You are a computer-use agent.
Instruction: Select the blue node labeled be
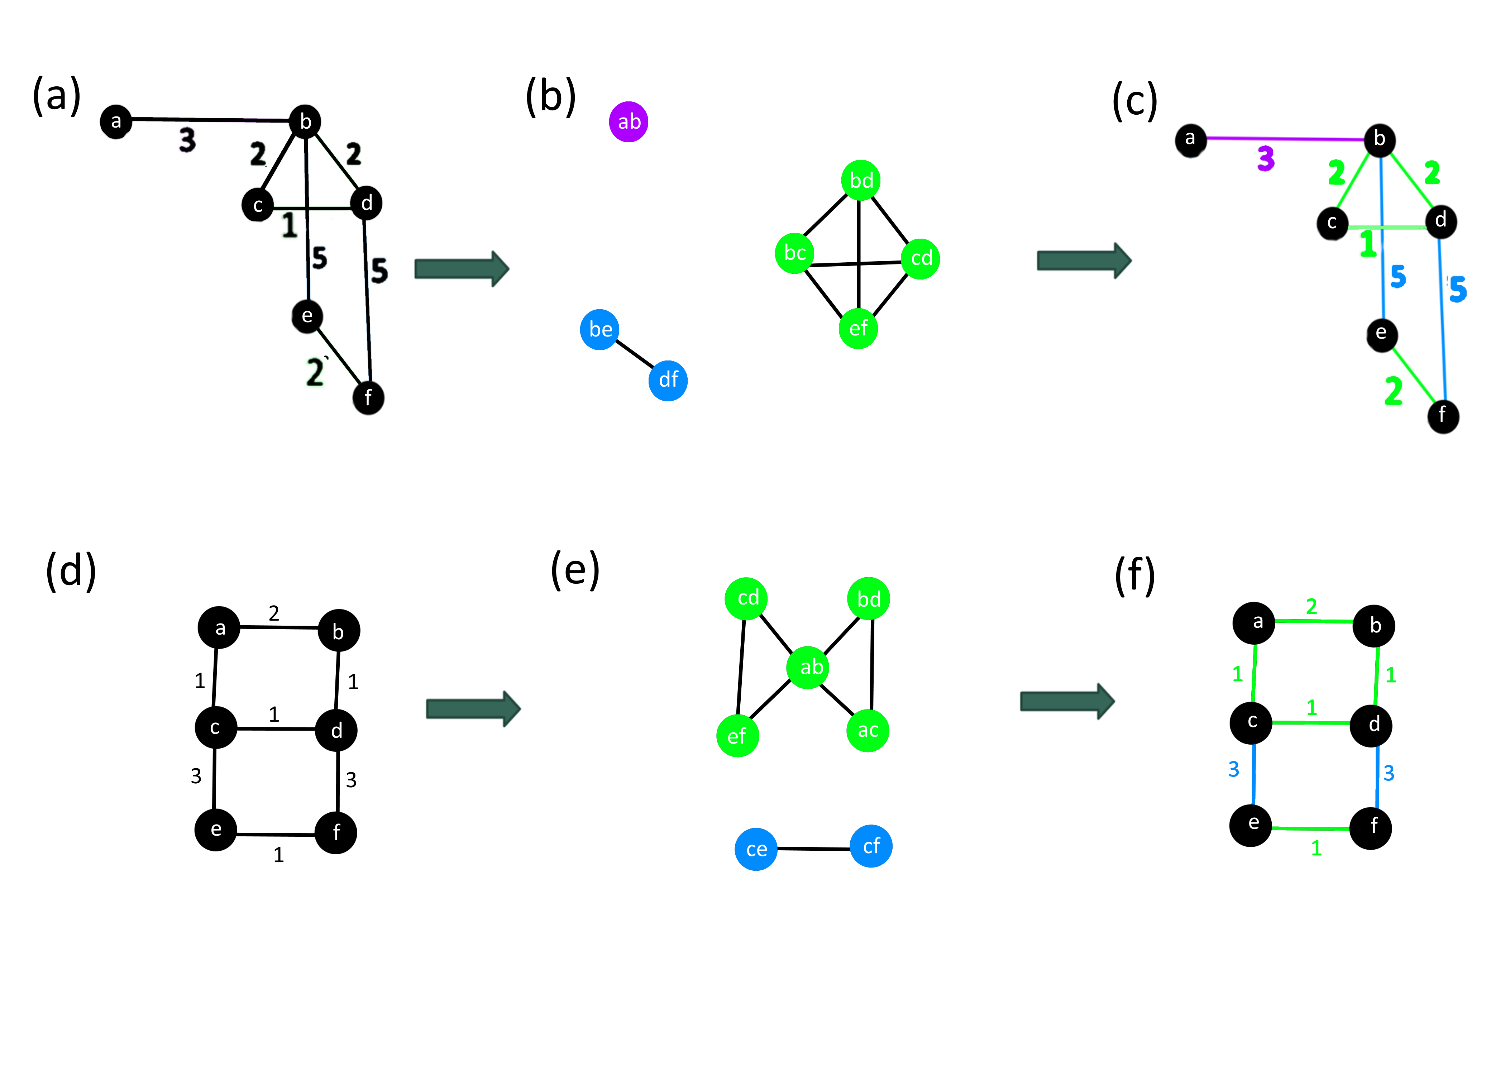[x=599, y=329]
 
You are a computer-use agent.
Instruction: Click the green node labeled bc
[x=794, y=253]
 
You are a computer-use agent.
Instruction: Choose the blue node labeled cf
[x=871, y=846]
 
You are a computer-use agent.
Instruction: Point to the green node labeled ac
[x=868, y=730]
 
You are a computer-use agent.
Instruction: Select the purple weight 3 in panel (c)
[x=1265, y=159]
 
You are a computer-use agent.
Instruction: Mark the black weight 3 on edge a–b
[x=187, y=140]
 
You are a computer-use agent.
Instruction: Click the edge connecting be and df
[x=634, y=354]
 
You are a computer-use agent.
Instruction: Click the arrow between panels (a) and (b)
[x=461, y=269]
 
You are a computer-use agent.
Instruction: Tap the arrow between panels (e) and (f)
[x=1067, y=701]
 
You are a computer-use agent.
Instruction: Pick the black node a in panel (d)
[x=219, y=627]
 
